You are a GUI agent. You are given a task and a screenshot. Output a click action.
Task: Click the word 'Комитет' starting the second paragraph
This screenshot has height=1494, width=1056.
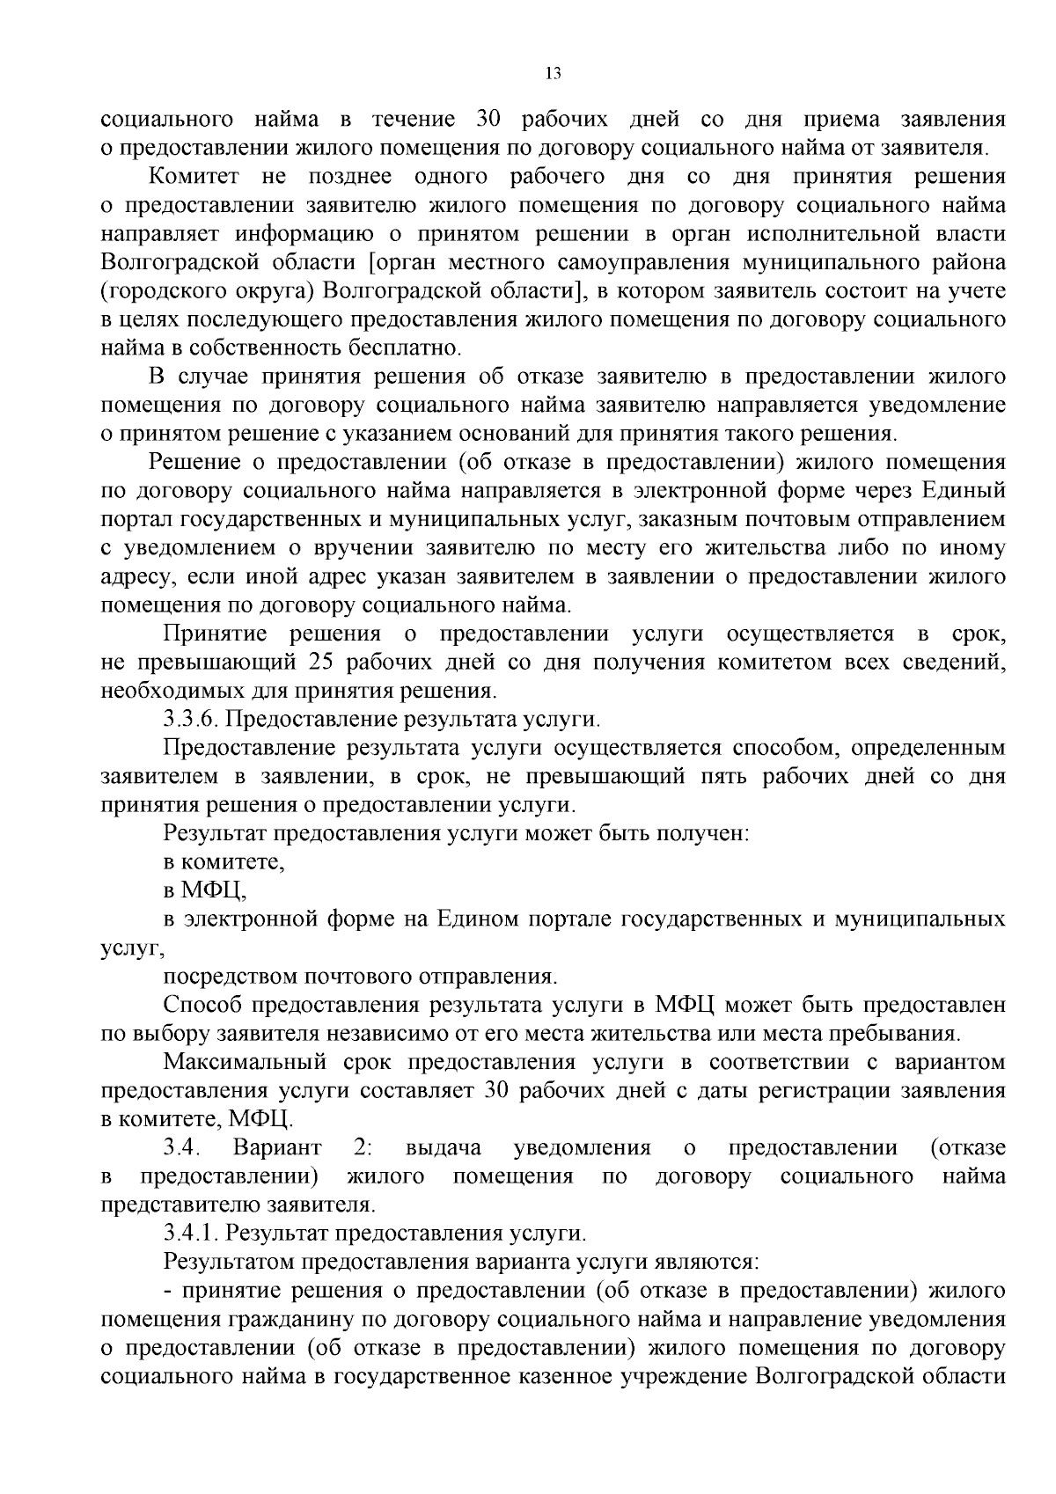tap(194, 176)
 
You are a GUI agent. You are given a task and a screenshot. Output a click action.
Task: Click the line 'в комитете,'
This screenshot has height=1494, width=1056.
tap(224, 862)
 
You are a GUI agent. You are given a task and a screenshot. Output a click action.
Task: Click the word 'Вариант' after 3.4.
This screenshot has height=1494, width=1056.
tap(277, 1147)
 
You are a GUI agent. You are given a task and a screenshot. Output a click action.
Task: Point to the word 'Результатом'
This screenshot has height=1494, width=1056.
tap(229, 1262)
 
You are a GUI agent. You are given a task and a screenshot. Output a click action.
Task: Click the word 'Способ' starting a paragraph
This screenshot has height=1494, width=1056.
tap(202, 1005)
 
